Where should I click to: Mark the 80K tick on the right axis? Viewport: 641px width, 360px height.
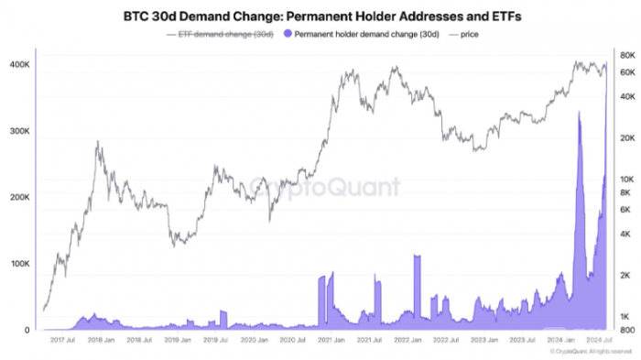pyautogui.click(x=627, y=56)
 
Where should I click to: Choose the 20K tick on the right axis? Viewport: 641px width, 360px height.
pyautogui.click(x=627, y=138)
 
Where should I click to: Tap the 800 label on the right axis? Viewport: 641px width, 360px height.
pyautogui.click(x=627, y=330)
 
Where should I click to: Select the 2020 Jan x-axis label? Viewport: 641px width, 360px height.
pyautogui.click(x=254, y=339)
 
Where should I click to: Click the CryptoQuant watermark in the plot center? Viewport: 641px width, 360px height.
pyautogui.click(x=325, y=188)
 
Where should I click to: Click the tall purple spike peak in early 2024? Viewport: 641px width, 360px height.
pyautogui.click(x=579, y=114)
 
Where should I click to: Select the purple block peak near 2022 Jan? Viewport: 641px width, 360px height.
pyautogui.click(x=417, y=256)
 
